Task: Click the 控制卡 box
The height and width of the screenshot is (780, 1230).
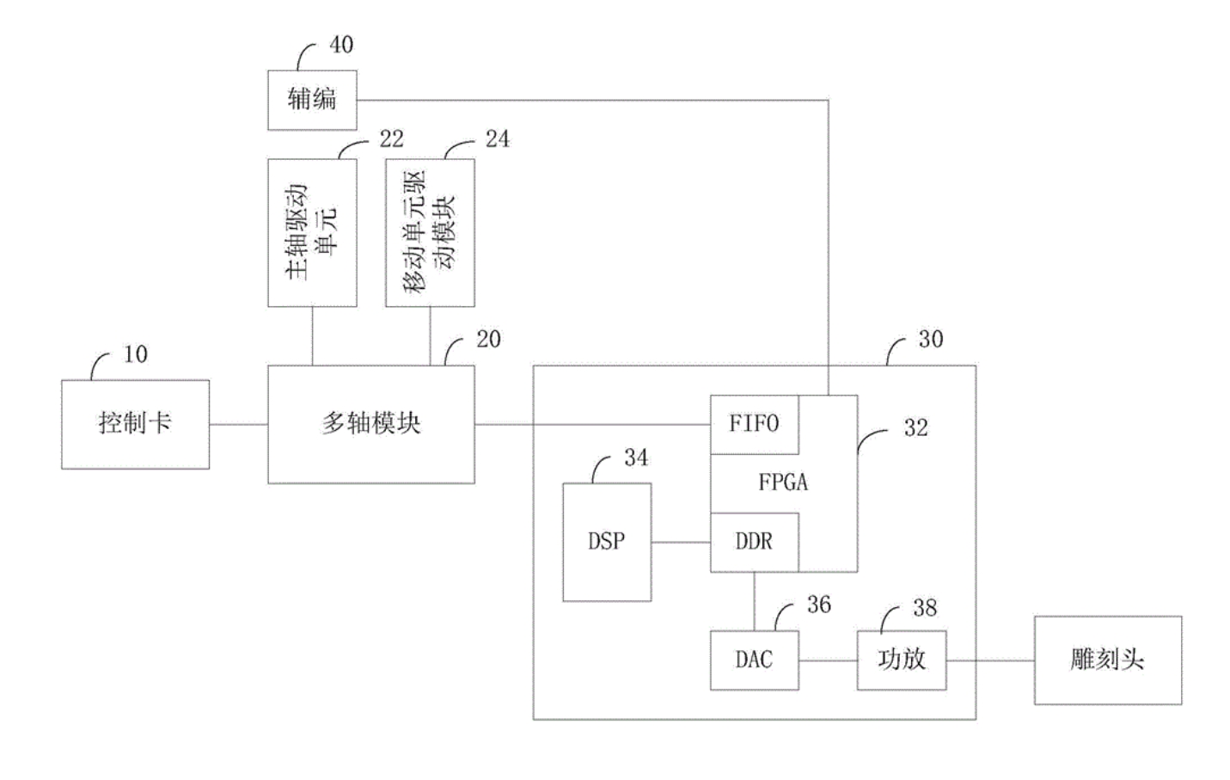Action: tap(135, 424)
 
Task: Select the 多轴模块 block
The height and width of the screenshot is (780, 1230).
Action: tap(370, 424)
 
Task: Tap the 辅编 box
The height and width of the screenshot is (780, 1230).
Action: tap(312, 100)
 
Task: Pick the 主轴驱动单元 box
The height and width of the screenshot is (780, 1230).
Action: tap(312, 232)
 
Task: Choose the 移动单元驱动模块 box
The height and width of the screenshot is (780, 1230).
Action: tap(430, 232)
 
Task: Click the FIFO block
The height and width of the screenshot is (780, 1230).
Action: tap(754, 424)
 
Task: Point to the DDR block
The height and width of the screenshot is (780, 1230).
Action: tap(754, 542)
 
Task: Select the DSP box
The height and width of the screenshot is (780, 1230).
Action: tap(607, 542)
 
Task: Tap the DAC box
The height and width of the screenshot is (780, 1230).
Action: tap(754, 660)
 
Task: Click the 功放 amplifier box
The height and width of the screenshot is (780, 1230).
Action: tap(902, 660)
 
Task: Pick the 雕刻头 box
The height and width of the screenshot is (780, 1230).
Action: tap(1107, 660)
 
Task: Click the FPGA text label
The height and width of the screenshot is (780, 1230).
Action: tap(783, 482)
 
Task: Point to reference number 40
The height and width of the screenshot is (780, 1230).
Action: tap(341, 45)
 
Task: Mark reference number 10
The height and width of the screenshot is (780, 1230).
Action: tap(136, 354)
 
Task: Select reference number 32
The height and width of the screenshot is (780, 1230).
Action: tap(915, 428)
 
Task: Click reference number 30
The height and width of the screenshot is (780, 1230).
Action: tap(931, 339)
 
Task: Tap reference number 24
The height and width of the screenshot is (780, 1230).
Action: tap(497, 139)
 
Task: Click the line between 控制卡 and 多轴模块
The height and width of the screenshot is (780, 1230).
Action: tap(238, 424)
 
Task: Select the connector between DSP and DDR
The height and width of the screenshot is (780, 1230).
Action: tap(680, 542)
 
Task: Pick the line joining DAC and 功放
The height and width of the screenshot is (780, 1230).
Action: tap(828, 660)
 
